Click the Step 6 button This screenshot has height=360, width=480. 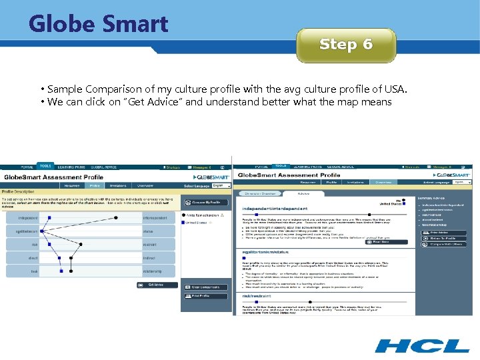pyautogui.click(x=346, y=45)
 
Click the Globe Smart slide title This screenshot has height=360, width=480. pyautogui.click(x=99, y=24)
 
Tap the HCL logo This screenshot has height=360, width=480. pyautogui.click(x=422, y=345)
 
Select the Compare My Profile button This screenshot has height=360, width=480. pyautogui.click(x=206, y=202)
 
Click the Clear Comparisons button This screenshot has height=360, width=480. pyautogui.click(x=206, y=287)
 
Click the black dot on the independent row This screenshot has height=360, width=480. pyautogui.click(x=116, y=217)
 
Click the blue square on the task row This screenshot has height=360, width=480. pyautogui.click(x=61, y=271)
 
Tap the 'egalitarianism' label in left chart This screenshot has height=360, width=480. pyautogui.click(x=24, y=231)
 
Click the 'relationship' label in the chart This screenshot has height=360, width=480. pyautogui.click(x=154, y=271)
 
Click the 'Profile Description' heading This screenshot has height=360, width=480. pyautogui.click(x=18, y=193)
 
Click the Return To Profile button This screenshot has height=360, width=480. pyautogui.click(x=444, y=238)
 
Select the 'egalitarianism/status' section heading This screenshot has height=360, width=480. pyautogui.click(x=264, y=251)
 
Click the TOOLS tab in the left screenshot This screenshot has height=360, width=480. pyautogui.click(x=45, y=166)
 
